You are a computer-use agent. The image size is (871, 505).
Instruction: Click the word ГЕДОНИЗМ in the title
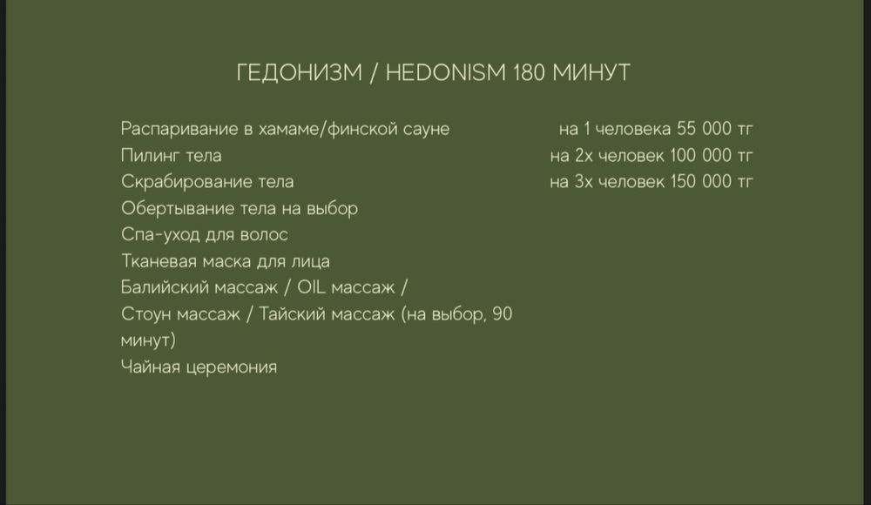298,72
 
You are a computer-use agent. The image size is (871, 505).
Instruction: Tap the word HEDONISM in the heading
444,72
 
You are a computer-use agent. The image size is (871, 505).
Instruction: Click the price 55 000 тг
714,129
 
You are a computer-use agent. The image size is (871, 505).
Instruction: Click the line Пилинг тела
171,156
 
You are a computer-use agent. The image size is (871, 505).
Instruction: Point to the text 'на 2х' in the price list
569,156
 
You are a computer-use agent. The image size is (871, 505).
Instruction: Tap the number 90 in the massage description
502,314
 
